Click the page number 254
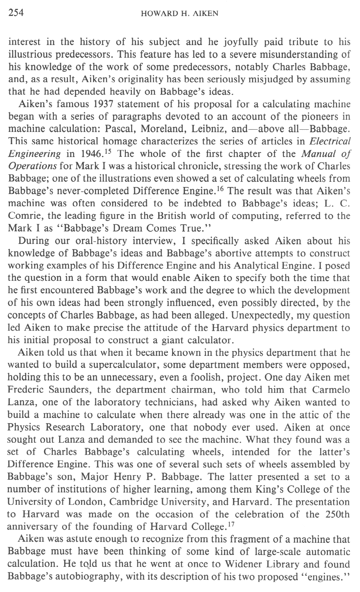pyautogui.click(x=16, y=13)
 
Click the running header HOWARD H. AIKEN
pyautogui.click(x=179, y=14)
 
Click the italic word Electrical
pyautogui.click(x=330, y=142)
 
